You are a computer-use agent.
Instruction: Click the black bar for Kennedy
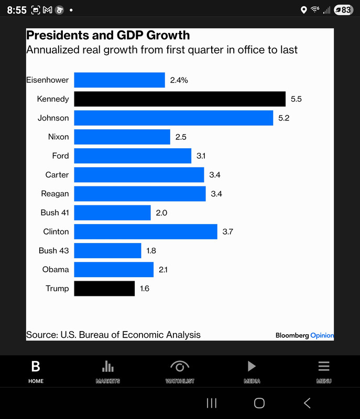point(179,99)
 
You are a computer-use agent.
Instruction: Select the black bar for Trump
point(104,289)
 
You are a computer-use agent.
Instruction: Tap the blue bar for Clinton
point(145,231)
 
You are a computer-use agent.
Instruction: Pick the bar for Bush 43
point(107,250)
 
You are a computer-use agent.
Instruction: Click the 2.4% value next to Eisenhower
point(179,80)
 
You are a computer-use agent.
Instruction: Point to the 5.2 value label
point(283,118)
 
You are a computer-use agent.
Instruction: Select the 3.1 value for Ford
point(201,156)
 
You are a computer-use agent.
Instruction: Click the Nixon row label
point(58,137)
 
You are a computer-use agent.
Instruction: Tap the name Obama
point(56,269)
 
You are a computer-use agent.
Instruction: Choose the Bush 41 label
point(54,213)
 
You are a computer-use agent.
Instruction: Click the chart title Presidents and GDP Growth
point(108,36)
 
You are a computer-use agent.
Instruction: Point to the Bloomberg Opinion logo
point(304,335)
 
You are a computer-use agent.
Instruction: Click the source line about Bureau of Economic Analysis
point(113,335)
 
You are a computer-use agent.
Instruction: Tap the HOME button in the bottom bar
point(36,371)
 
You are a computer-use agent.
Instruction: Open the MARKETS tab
point(107,371)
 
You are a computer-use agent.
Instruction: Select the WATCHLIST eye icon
point(180,367)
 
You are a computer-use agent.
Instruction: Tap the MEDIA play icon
point(252,366)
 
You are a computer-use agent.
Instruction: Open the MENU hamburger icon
point(324,366)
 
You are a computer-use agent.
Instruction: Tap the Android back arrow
point(307,403)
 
